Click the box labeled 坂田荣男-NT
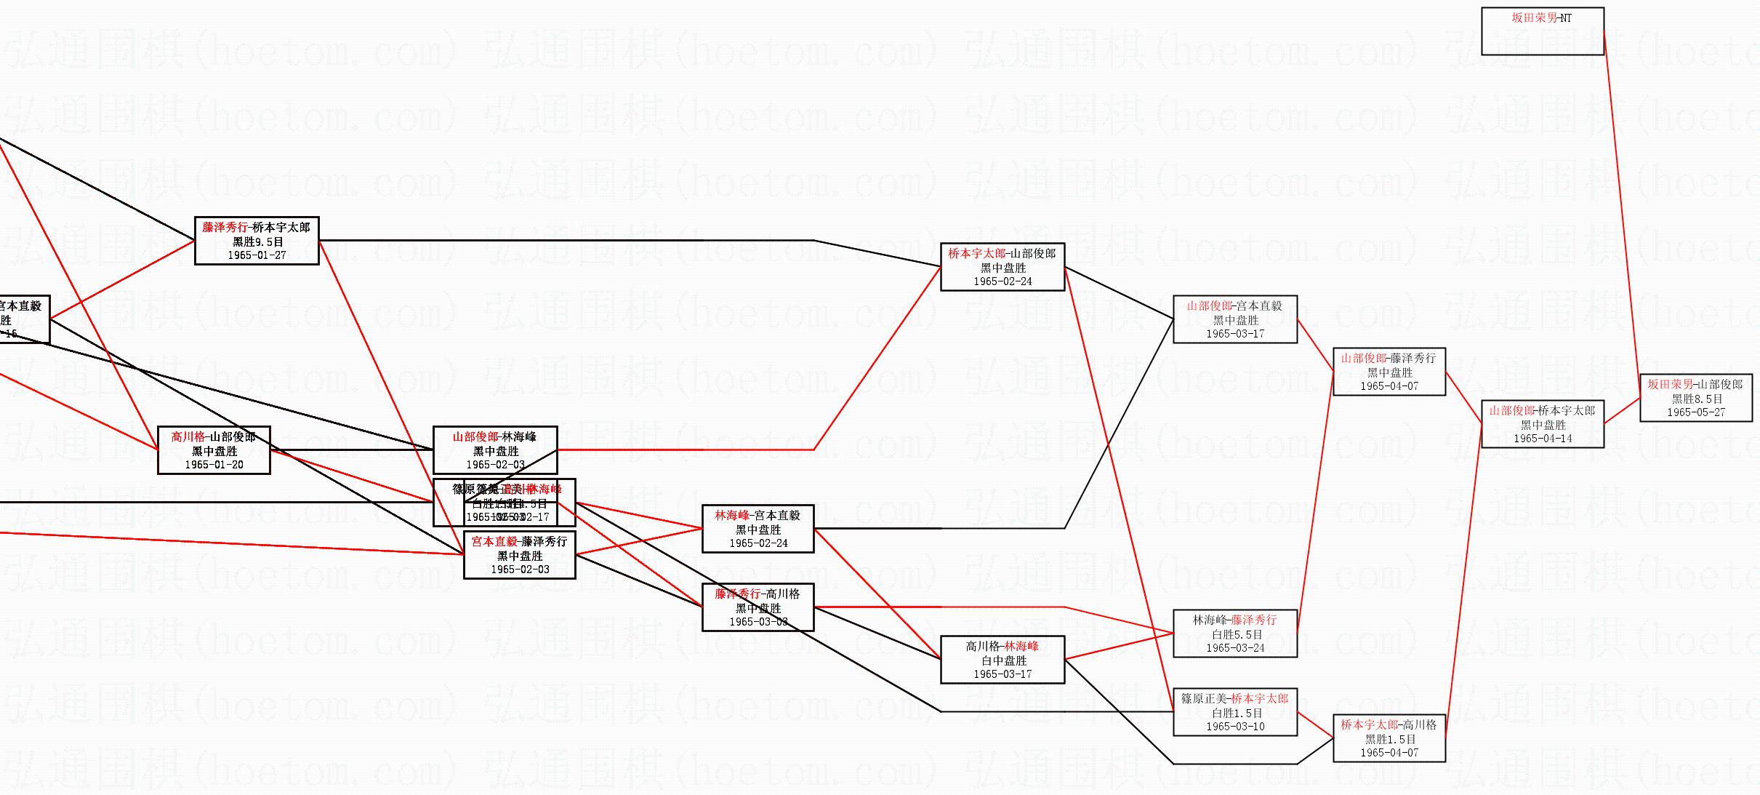pyautogui.click(x=1542, y=31)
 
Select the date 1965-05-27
pyautogui.click(x=1695, y=412)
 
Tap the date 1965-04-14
pyautogui.click(x=1543, y=439)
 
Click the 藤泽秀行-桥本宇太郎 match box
pyautogui.click(x=257, y=241)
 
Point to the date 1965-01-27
pyautogui.click(x=257, y=255)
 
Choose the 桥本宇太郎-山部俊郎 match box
pyautogui.click(x=1002, y=267)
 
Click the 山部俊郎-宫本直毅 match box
pyautogui.click(x=1234, y=319)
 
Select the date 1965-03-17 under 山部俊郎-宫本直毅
pyautogui.click(x=1234, y=334)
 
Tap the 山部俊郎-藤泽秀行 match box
pyautogui.click(x=1389, y=372)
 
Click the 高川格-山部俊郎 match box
pyautogui.click(x=214, y=450)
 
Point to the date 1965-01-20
pyautogui.click(x=214, y=465)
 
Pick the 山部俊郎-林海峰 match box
pyautogui.click(x=494, y=450)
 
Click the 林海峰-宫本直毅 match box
pyautogui.click(x=758, y=529)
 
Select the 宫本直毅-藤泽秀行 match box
pyautogui.click(x=519, y=555)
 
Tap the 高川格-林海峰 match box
pyautogui.click(x=1002, y=660)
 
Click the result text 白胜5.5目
pyautogui.click(x=1234, y=634)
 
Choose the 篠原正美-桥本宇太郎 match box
pyautogui.click(x=1234, y=712)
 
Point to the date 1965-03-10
pyautogui.click(x=1234, y=727)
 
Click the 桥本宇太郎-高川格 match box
pyautogui.click(x=1389, y=738)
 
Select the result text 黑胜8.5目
pyautogui.click(x=1695, y=399)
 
